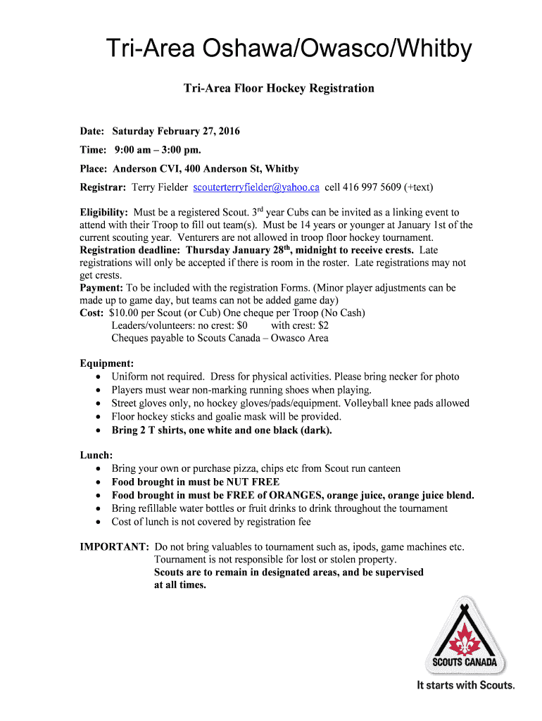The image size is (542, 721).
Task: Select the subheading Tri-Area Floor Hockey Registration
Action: coord(279,89)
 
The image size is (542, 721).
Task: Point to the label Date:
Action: coord(92,132)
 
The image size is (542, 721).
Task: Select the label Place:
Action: coord(94,169)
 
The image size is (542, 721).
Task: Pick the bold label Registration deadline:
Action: coord(131,250)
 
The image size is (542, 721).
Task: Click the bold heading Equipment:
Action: coord(107,363)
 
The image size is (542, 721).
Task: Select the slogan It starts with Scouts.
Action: coord(465,684)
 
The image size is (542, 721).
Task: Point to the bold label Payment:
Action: coord(101,288)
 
